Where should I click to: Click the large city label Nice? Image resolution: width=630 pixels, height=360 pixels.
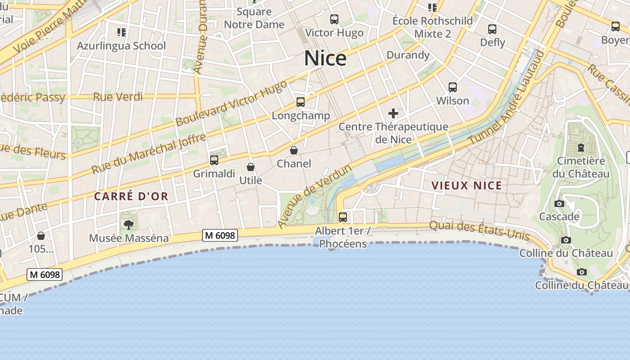click(x=325, y=58)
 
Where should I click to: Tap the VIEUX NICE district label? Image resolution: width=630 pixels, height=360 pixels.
click(x=467, y=185)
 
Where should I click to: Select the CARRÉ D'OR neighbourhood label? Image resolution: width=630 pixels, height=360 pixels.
click(x=131, y=196)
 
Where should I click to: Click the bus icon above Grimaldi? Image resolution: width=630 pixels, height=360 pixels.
click(x=214, y=160)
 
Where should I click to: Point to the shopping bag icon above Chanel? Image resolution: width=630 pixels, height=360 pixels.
click(x=294, y=150)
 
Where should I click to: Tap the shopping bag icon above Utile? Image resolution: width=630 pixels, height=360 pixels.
click(x=251, y=167)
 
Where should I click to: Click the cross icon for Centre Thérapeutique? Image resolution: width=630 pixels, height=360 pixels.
click(x=393, y=113)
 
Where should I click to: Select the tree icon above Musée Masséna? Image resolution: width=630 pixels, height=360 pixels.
click(x=129, y=225)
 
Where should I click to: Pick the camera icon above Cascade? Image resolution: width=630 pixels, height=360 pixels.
click(x=559, y=203)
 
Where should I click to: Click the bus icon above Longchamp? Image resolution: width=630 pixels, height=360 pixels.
click(x=301, y=102)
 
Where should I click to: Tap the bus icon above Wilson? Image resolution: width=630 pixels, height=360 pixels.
click(x=453, y=87)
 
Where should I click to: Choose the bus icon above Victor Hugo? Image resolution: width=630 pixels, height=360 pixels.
click(x=334, y=19)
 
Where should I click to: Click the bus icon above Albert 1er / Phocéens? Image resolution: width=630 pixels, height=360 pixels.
click(x=343, y=217)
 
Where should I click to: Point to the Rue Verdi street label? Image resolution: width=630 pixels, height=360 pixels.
click(x=118, y=96)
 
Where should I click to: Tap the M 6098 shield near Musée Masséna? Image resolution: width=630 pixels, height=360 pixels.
click(x=220, y=235)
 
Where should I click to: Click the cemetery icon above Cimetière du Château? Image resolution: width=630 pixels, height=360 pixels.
click(x=581, y=148)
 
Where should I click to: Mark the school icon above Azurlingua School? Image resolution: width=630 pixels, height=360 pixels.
click(x=121, y=32)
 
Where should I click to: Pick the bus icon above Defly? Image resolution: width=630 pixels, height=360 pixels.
click(x=492, y=29)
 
